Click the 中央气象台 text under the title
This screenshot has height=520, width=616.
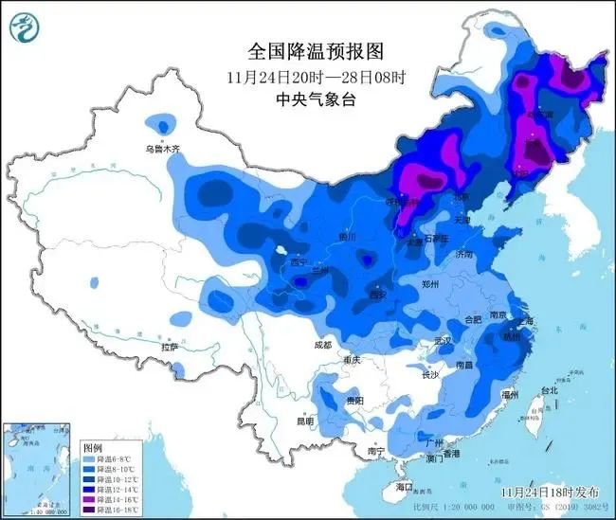point(307,97)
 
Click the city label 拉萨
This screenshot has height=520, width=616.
point(170,348)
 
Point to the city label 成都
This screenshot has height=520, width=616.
point(322,345)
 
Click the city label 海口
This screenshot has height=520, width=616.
point(406,486)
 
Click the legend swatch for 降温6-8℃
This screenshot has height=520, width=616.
point(93,458)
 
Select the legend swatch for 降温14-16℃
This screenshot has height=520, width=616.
point(93,496)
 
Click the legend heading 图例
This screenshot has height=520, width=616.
point(92,446)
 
